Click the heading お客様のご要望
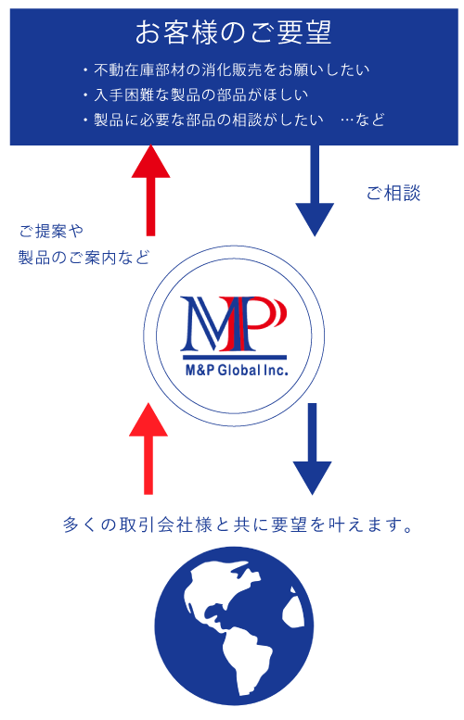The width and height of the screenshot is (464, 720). tap(233, 33)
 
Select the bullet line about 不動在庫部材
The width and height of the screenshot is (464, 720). tap(226, 69)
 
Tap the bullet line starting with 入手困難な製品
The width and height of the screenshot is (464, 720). tap(196, 95)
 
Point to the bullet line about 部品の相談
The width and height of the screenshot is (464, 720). tap(203, 120)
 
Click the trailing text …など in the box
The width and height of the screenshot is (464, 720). tap(362, 120)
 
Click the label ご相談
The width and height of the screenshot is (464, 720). tap(393, 194)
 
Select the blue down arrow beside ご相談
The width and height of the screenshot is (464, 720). tap(315, 191)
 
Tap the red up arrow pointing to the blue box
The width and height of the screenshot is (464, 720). tap(151, 191)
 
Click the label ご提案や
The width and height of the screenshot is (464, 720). tap(51, 231)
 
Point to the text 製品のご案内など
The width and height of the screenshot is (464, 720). tap(84, 258)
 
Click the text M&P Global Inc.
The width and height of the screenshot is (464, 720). tap(237, 370)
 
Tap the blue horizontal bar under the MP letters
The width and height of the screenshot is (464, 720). tap(235, 357)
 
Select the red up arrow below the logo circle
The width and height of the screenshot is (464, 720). tap(148, 448)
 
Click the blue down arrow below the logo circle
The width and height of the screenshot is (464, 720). tap(312, 448)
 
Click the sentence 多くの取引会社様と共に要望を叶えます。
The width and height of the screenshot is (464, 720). tap(238, 524)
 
